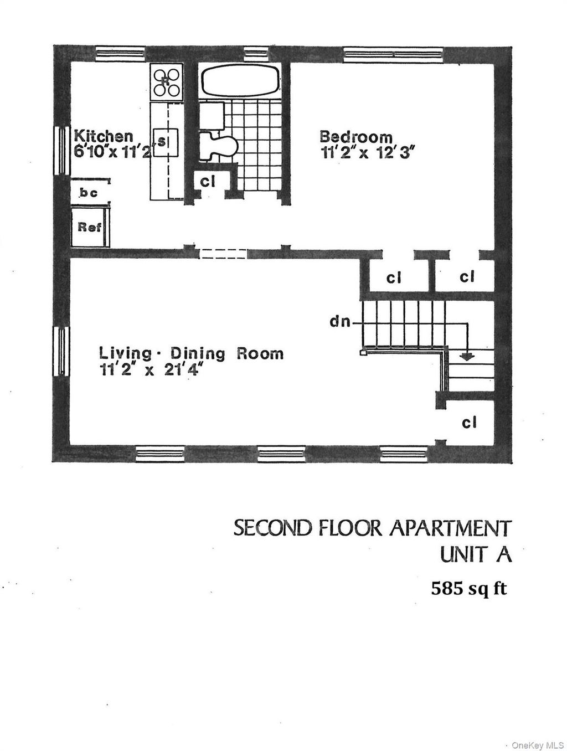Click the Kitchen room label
click(x=104, y=136)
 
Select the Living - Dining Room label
click(x=191, y=353)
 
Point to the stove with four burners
click(x=166, y=82)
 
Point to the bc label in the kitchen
click(x=89, y=193)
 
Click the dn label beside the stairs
click(x=341, y=321)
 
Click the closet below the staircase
click(x=470, y=423)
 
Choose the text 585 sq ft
click(x=469, y=588)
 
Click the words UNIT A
click(x=475, y=554)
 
